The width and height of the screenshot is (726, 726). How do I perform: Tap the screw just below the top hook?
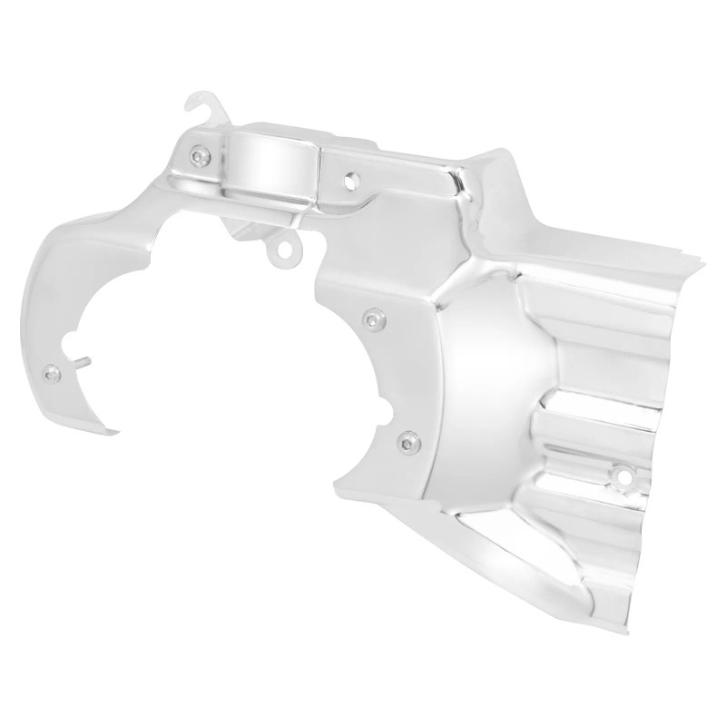point(201,158)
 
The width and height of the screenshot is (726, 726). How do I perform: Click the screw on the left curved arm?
point(54,373)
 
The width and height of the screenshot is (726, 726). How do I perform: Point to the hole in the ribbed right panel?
point(623,474)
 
